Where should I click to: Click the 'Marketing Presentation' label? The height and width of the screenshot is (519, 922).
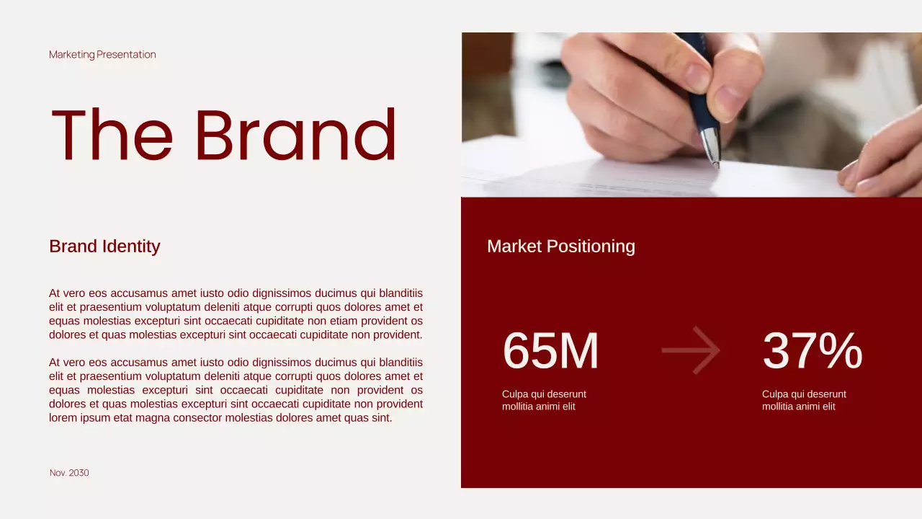point(102,55)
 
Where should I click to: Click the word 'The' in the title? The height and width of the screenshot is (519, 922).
point(112,136)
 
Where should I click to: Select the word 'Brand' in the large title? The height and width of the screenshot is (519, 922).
point(295,136)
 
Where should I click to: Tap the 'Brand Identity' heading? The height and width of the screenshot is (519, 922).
point(104,247)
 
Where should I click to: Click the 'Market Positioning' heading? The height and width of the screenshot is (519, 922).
point(561,247)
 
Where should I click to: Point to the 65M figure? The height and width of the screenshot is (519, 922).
point(550,352)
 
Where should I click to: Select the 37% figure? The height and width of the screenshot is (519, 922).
point(812,352)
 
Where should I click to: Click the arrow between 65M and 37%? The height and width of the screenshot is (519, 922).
point(691,350)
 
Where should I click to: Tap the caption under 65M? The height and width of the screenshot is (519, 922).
point(544,400)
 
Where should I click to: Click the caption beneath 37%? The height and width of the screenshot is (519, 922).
point(804,400)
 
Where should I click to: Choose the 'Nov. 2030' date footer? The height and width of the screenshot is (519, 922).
point(69,473)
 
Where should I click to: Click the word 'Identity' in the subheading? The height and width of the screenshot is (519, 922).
point(133,247)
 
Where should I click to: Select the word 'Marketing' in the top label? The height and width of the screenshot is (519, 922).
point(71,55)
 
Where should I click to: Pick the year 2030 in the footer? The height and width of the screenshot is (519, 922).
point(79,473)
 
